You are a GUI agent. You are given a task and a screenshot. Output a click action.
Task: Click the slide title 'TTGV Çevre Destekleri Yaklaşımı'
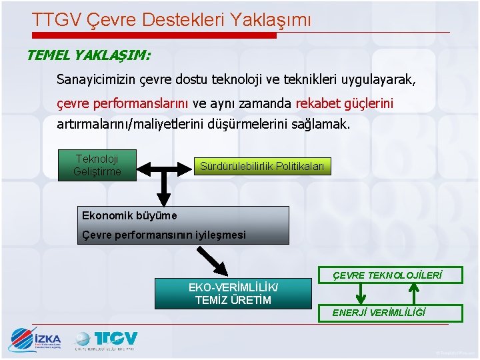(x=171, y=20)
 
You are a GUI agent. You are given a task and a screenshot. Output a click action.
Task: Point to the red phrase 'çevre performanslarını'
(x=123, y=103)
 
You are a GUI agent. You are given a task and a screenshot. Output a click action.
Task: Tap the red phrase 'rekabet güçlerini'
(x=344, y=103)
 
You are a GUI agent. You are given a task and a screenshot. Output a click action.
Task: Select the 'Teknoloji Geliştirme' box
(x=97, y=165)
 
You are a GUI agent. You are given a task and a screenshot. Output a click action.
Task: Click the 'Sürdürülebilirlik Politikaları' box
(x=261, y=166)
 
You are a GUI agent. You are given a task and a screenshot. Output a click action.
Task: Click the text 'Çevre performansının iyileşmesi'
(x=163, y=235)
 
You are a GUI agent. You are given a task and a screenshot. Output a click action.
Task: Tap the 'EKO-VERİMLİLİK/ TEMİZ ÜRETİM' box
(x=233, y=294)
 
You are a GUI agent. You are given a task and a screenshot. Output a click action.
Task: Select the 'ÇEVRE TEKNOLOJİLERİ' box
(x=387, y=275)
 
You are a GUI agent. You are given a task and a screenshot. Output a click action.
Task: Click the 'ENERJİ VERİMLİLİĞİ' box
(x=389, y=313)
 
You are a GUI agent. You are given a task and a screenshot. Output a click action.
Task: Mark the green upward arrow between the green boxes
(x=414, y=293)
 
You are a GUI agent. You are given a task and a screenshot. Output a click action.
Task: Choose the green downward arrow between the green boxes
(x=361, y=293)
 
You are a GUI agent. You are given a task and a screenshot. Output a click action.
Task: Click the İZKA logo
(x=35, y=340)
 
